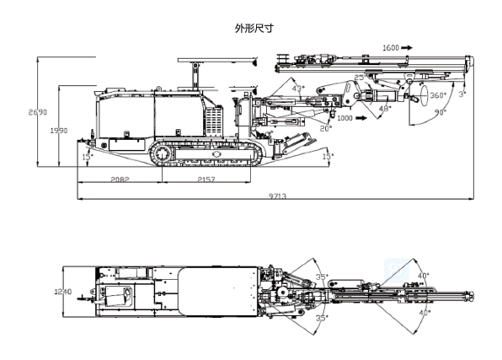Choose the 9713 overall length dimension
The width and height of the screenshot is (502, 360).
coord(277,196)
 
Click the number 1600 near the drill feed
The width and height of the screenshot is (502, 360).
coord(390,47)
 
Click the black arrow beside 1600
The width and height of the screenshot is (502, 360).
coord(409,47)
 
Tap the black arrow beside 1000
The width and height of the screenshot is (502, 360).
coord(360,118)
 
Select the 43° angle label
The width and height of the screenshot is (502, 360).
coord(297,88)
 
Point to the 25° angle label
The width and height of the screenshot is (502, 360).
coord(359,78)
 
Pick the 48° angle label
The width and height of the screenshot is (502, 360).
coord(384,108)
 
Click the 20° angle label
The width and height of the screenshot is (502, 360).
coord(326,128)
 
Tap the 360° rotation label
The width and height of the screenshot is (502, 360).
coord(437,94)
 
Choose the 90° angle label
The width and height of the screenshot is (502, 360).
coord(439,111)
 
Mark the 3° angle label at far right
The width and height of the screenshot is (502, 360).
coord(462,94)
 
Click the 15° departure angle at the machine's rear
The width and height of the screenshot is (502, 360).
coord(86,156)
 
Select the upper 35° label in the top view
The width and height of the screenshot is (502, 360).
coord(321,277)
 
